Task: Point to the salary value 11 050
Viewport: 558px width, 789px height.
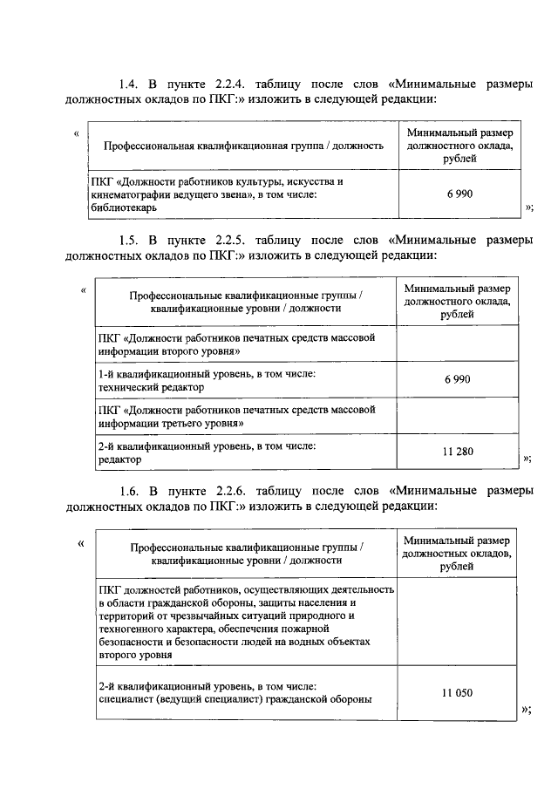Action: click(457, 692)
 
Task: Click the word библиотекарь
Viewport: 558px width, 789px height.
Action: click(122, 208)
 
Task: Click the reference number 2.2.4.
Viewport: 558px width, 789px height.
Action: click(231, 84)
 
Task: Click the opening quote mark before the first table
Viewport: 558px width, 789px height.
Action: click(78, 133)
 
